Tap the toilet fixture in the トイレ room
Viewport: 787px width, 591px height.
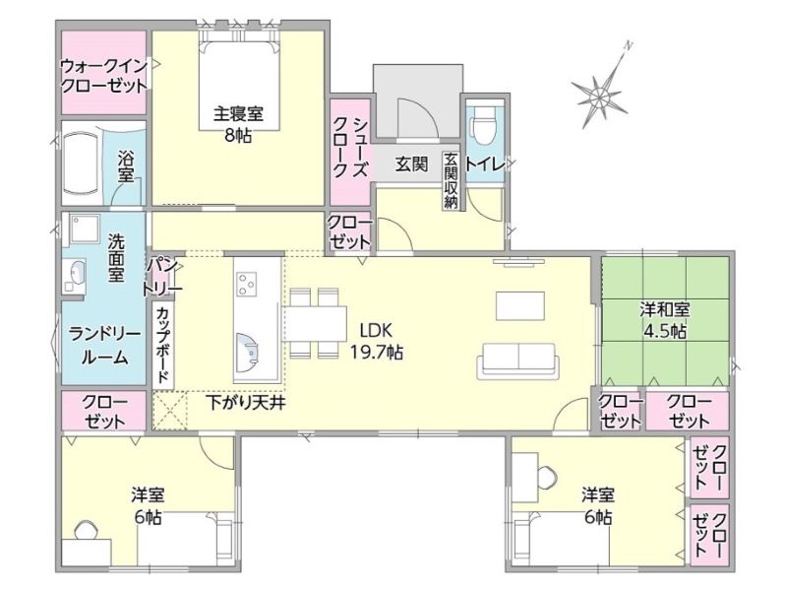point(484,122)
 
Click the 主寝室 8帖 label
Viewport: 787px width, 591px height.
point(238,124)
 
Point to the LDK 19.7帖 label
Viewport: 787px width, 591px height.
point(377,341)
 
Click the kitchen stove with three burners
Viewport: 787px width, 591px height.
point(247,284)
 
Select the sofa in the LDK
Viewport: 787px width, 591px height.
point(518,361)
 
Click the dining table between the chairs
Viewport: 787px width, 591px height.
point(316,324)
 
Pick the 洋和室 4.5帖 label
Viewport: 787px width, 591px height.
point(665,319)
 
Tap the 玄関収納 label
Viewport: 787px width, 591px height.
point(451,180)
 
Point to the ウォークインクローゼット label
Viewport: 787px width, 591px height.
point(104,76)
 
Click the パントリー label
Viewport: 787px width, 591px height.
point(161,277)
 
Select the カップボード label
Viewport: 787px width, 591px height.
point(162,345)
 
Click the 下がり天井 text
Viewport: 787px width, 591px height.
point(246,403)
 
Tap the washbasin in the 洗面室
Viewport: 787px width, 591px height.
point(77,274)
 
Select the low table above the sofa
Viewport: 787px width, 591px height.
point(520,305)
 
